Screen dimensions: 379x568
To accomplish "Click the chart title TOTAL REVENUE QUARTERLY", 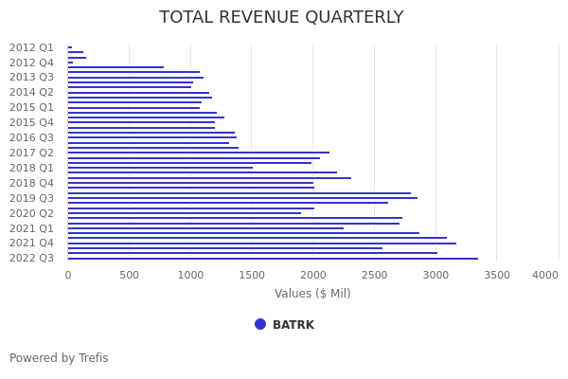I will coord(281,18).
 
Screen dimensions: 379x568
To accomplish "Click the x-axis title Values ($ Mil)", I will coord(312,294).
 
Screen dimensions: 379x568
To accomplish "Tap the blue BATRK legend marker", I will coord(260,324).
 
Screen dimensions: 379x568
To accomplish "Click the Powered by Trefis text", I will coord(59,358).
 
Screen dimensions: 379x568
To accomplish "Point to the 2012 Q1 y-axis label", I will coord(31,47).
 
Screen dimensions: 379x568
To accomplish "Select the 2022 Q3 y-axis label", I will coord(31,259).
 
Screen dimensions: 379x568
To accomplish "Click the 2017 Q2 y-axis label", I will coord(31,153).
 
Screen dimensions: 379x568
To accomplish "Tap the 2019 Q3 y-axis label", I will coord(31,198).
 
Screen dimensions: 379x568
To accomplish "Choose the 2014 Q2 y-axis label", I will coord(31,93).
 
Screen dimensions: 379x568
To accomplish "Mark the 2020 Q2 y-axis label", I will coord(31,213).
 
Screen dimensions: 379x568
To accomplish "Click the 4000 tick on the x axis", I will coord(545,275).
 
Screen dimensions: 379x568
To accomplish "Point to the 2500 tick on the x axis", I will coord(374,275).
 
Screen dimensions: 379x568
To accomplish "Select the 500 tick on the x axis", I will coord(129,275).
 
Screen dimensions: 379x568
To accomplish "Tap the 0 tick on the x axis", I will coord(67,275).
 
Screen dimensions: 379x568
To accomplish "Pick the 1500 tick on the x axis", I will coord(251,275).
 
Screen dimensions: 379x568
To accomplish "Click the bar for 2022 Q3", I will coord(273,259).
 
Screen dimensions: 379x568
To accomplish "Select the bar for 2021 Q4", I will coord(261,244).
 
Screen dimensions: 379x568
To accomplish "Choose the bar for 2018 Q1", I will coord(160,168).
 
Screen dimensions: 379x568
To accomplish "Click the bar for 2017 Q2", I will coord(198,153).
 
